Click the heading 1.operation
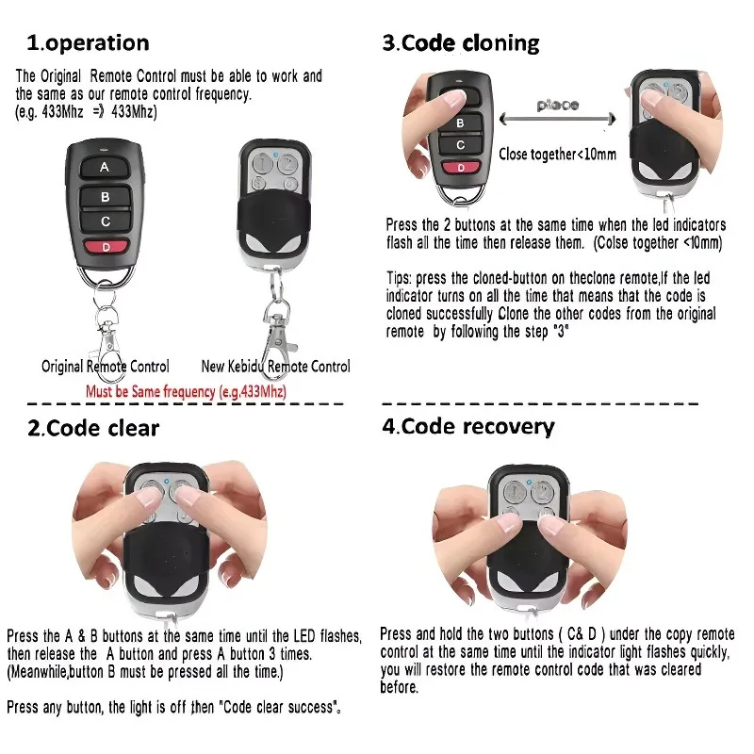[x=88, y=42]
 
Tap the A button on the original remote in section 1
[x=105, y=168]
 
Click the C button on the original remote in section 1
[x=105, y=221]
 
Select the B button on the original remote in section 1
[x=105, y=196]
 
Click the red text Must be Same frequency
[x=186, y=390]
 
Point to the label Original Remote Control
[x=106, y=366]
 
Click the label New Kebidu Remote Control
[x=275, y=366]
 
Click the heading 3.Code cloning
[x=460, y=42]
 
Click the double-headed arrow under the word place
[x=559, y=120]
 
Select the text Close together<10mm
[x=558, y=153]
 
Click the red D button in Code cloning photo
[x=460, y=168]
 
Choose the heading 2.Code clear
[x=92, y=428]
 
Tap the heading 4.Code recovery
[x=467, y=426]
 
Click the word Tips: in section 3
[x=402, y=279]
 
